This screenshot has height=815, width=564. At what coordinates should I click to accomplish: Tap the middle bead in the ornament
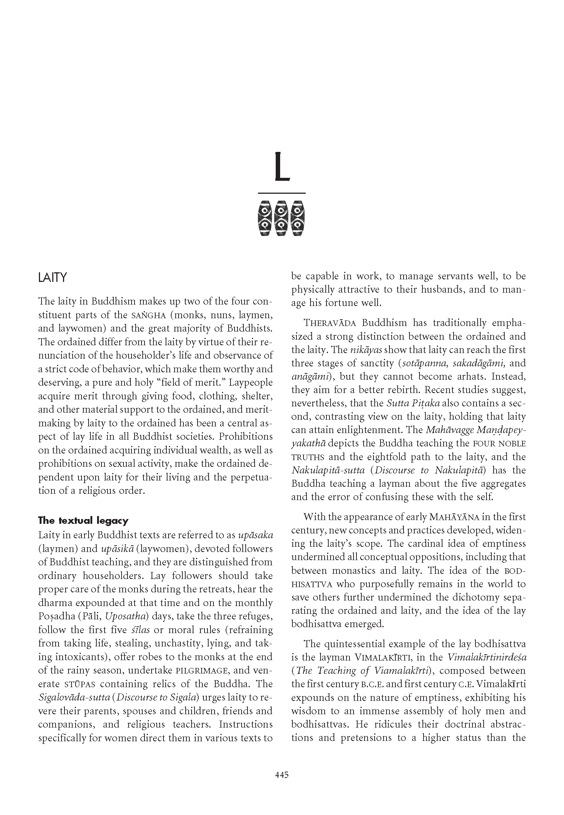pos(281,218)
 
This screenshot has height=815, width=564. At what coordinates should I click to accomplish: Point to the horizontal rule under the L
pos(281,193)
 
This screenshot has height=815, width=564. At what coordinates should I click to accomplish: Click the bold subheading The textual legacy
pos(83,520)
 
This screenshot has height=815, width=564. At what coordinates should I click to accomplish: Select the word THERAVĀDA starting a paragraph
pos(330,323)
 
